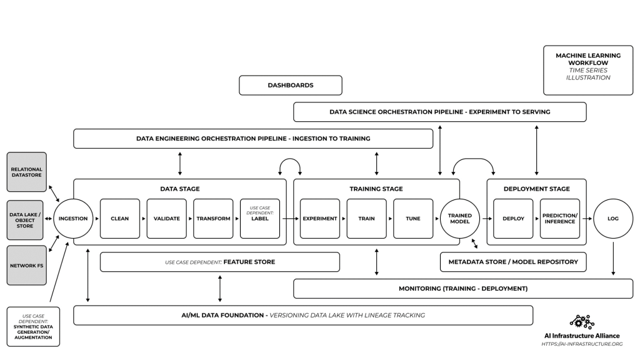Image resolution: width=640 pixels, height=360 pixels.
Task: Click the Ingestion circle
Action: click(x=73, y=219)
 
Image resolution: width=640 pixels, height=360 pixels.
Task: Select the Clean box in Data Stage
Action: click(x=120, y=219)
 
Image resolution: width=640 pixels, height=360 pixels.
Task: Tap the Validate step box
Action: click(x=167, y=219)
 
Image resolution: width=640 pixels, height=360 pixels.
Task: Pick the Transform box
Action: click(x=213, y=219)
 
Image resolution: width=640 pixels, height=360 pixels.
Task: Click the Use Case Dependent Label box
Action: click(x=260, y=219)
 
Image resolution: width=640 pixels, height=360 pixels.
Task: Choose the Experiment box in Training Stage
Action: click(x=320, y=219)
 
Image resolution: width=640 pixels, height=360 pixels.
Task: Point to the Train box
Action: click(x=366, y=219)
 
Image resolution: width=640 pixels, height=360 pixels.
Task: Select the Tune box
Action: click(x=413, y=219)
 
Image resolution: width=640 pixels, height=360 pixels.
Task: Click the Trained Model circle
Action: click(x=460, y=219)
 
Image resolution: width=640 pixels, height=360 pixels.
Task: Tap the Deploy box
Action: click(x=513, y=219)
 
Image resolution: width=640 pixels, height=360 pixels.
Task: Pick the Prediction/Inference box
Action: click(x=560, y=219)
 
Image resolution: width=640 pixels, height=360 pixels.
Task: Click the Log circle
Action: click(x=613, y=219)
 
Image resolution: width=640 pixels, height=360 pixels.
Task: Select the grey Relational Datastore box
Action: click(x=26, y=172)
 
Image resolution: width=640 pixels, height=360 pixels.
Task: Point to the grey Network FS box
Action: click(x=26, y=265)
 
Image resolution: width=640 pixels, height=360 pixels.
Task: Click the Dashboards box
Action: click(x=291, y=85)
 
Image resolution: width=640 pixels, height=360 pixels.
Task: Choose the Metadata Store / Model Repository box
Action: click(x=513, y=262)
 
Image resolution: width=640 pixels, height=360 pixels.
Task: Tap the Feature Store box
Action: click(x=220, y=262)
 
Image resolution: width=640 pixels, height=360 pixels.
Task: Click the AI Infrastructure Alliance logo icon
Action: click(x=582, y=322)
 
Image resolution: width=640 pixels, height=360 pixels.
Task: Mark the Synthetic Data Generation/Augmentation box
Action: click(x=33, y=326)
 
